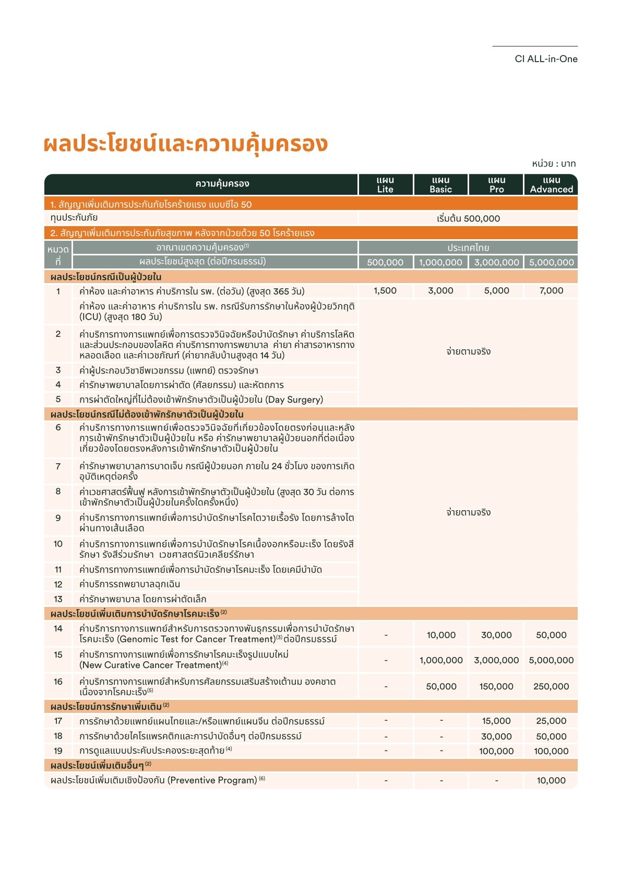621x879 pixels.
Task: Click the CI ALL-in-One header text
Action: tap(546, 59)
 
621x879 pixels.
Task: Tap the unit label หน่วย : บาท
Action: tap(554, 163)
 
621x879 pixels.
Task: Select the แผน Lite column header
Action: tap(385, 185)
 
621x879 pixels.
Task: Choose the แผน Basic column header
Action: tap(440, 185)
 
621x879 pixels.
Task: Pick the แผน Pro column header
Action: tap(496, 185)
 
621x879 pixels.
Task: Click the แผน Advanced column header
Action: tap(551, 185)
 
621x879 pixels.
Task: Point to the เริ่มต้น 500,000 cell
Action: tap(468, 218)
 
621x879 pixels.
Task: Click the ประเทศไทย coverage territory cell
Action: tap(468, 248)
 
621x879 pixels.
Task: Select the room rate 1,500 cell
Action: tap(385, 291)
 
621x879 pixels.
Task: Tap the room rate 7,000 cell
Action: tap(551, 291)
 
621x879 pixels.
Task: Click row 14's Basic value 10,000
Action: tap(441, 635)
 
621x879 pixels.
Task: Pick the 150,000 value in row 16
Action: tap(496, 686)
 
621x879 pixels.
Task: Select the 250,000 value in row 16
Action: tap(551, 686)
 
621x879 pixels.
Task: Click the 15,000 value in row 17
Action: tap(496, 721)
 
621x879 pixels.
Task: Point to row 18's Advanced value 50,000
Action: tap(551, 736)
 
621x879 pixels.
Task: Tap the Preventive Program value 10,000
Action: tap(551, 780)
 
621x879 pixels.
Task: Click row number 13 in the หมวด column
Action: tap(58, 599)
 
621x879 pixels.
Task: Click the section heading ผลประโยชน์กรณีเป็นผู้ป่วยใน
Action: tap(106, 277)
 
